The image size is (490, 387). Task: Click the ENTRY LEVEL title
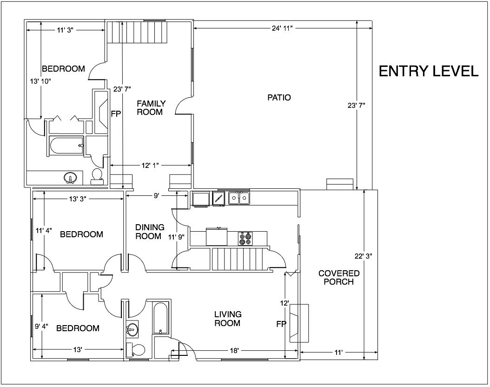[429, 71]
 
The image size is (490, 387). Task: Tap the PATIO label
[279, 98]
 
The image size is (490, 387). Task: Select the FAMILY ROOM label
[151, 107]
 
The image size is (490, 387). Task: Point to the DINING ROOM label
[150, 232]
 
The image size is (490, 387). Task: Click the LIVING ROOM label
[227, 319]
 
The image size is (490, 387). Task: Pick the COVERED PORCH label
[339, 277]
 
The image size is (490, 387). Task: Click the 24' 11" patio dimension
[282, 28]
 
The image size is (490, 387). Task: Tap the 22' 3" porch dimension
[363, 256]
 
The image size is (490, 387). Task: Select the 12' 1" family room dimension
[150, 166]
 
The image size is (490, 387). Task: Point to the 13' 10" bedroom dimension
[40, 81]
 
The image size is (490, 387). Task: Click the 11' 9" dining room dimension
[177, 237]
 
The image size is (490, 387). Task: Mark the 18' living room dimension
[234, 351]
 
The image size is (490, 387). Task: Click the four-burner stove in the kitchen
[245, 239]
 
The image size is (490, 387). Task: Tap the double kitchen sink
[239, 198]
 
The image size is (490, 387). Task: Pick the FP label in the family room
[116, 114]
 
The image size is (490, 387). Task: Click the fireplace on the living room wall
[299, 323]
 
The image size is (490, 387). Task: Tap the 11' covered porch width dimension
[338, 353]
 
